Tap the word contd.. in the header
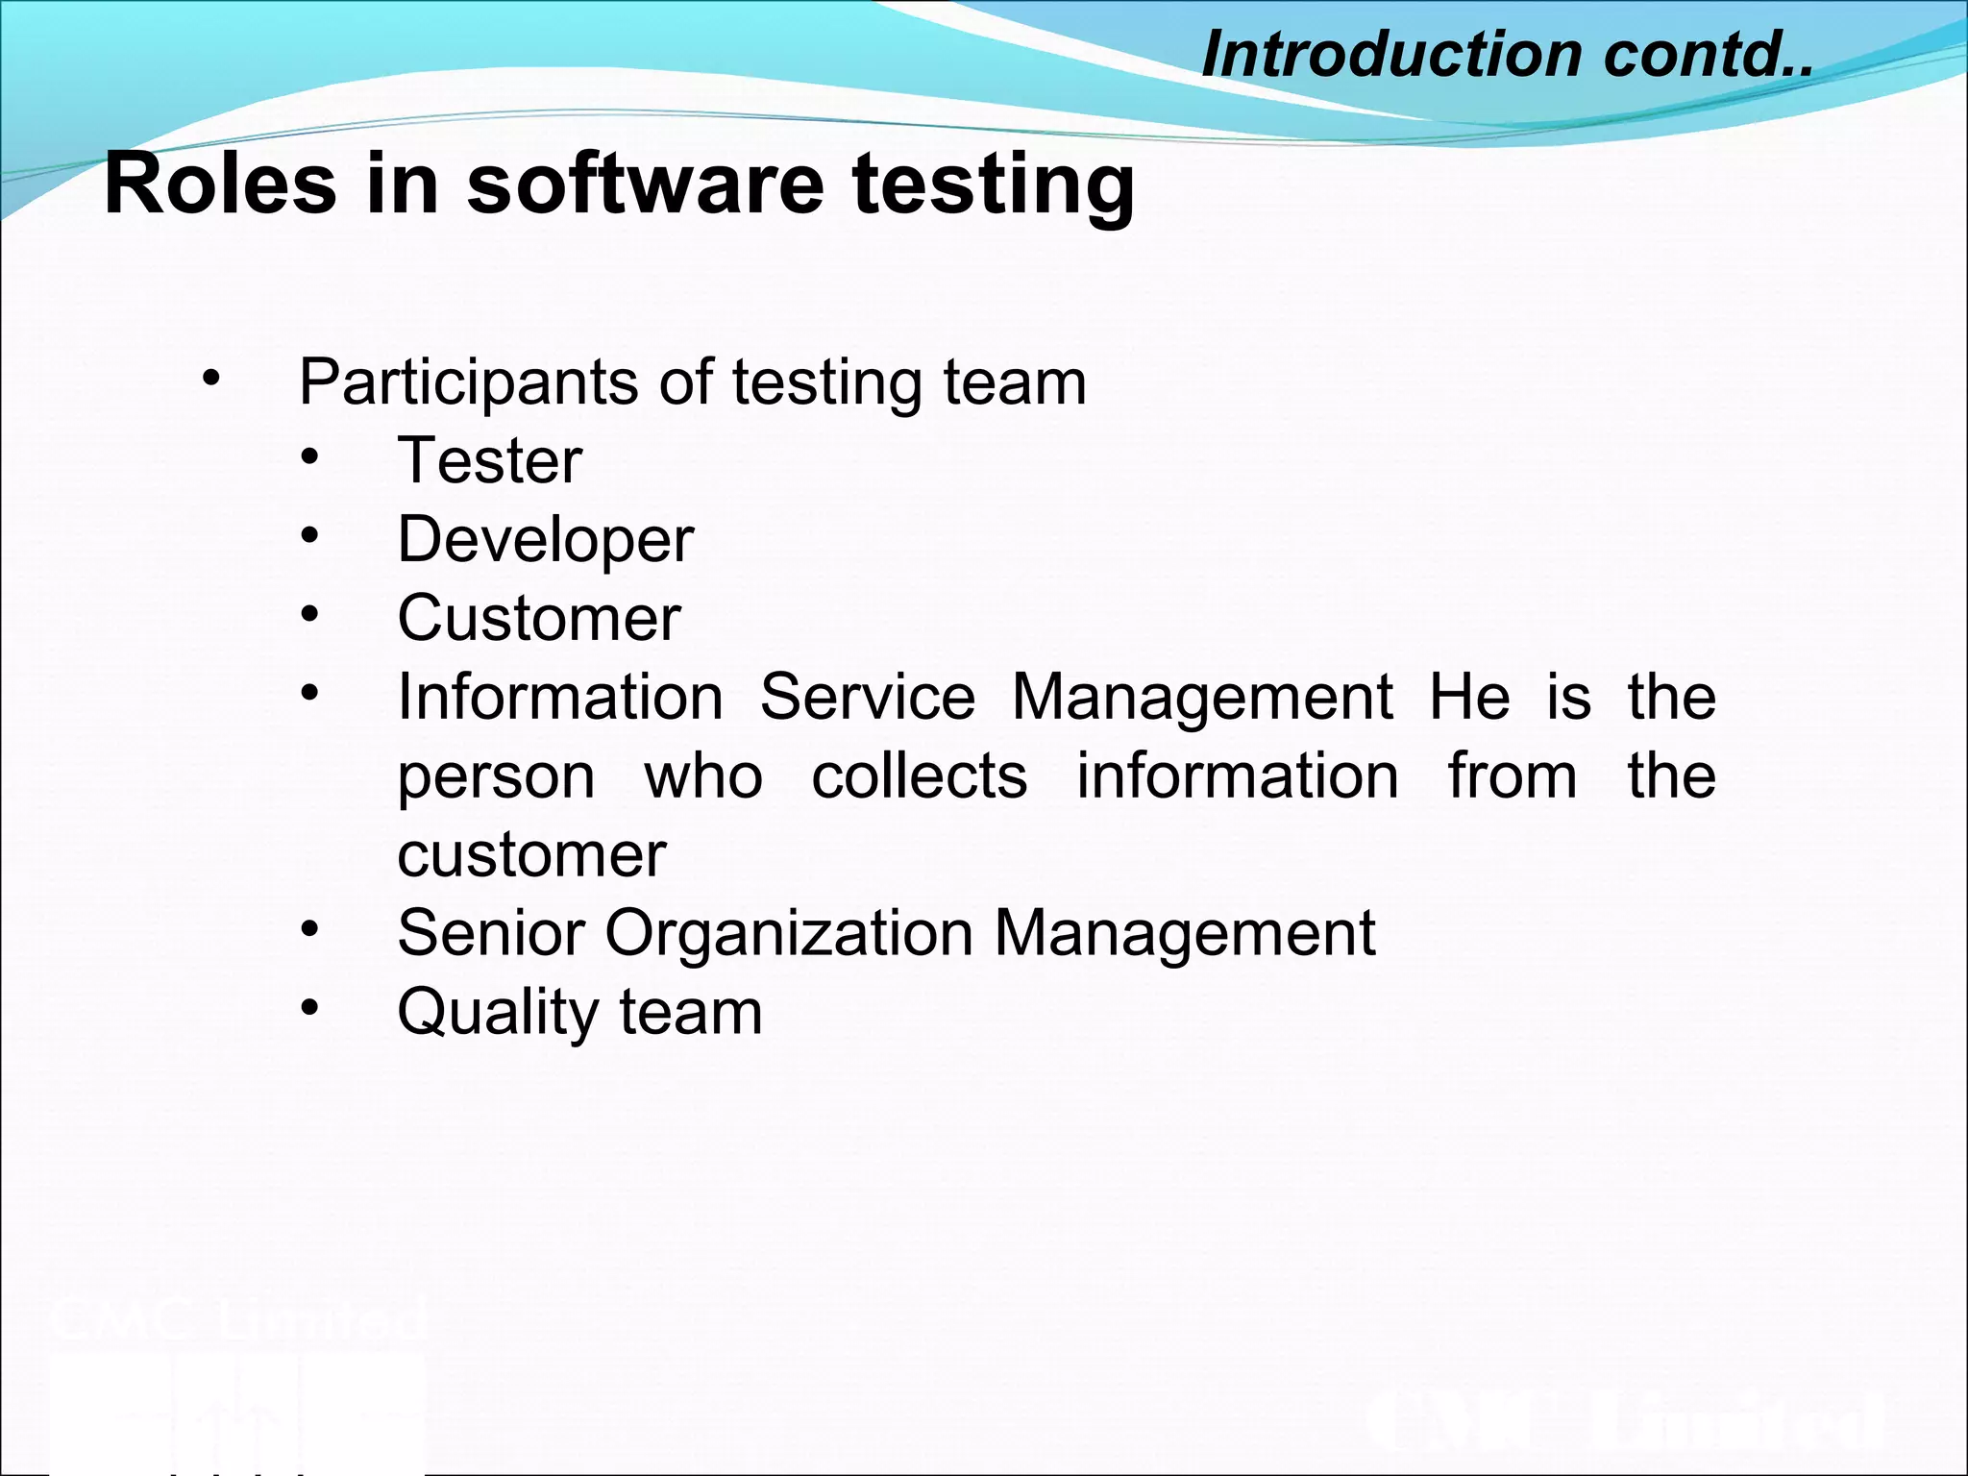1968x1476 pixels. click(x=1708, y=54)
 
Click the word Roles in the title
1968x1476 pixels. click(x=220, y=184)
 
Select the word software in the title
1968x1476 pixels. click(x=645, y=184)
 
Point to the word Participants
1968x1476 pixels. click(x=469, y=383)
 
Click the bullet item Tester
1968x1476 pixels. click(x=490, y=461)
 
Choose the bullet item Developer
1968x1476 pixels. click(x=545, y=540)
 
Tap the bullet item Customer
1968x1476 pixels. click(x=539, y=619)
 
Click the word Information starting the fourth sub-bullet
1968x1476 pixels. click(x=560, y=697)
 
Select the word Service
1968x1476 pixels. click(x=868, y=697)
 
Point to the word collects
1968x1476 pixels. click(x=920, y=775)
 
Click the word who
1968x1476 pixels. click(x=703, y=775)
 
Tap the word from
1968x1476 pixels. click(x=1513, y=775)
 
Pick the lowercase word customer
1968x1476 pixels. click(x=531, y=855)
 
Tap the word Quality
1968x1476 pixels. click(x=498, y=1014)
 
